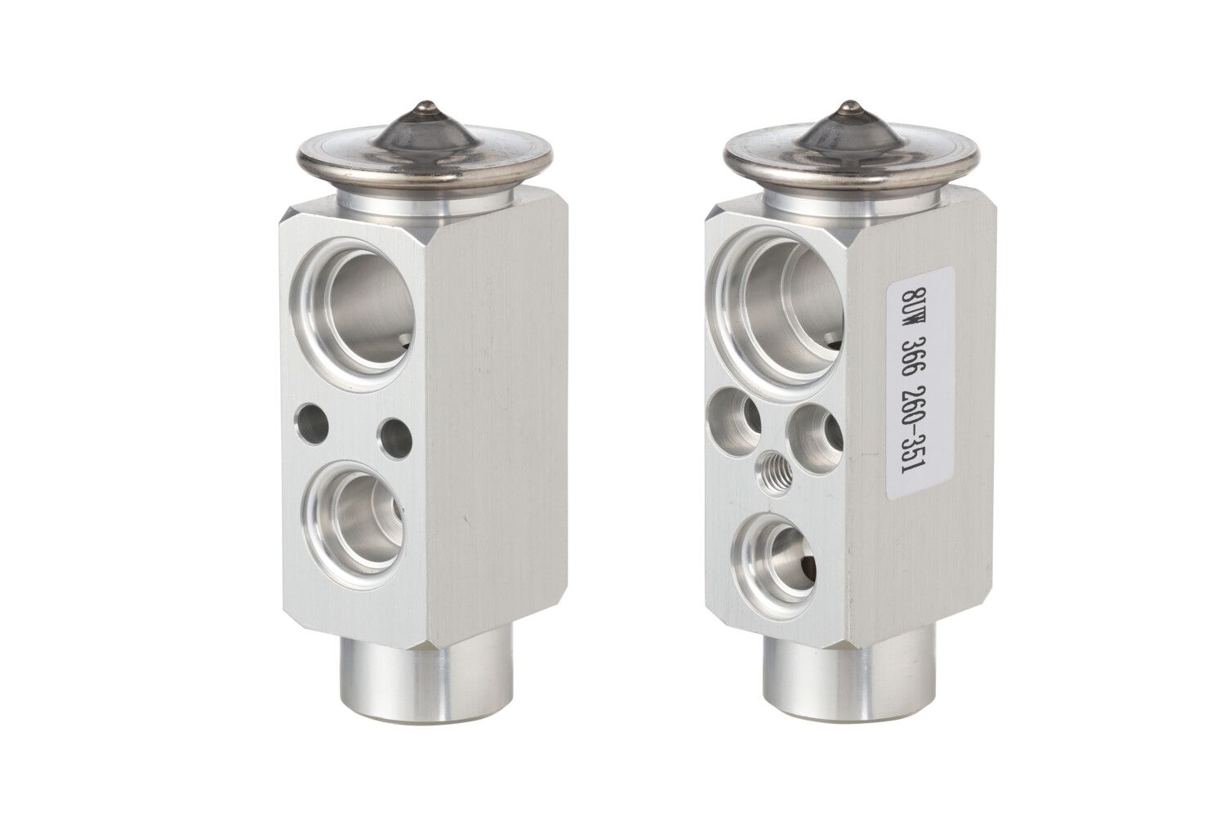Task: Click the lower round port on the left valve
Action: (356, 525)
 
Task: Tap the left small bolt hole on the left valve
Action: (311, 423)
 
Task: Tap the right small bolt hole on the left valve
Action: (396, 436)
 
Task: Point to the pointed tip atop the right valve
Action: (849, 105)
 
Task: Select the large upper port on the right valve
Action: (777, 306)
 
